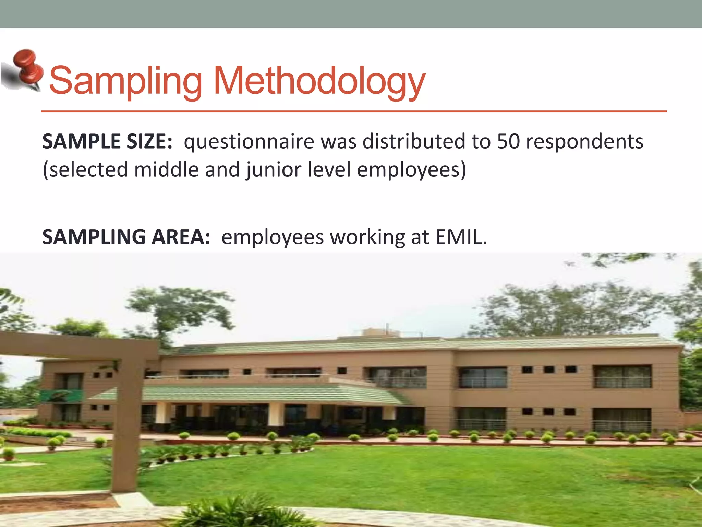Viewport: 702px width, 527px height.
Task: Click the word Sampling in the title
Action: [x=125, y=81]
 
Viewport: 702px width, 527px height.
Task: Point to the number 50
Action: [x=508, y=141]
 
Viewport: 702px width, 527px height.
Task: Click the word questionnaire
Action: [x=249, y=142]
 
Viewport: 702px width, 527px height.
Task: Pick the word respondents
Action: [x=584, y=142]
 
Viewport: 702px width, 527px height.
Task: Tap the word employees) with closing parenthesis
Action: [x=411, y=170]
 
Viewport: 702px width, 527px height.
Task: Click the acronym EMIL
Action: [x=461, y=237]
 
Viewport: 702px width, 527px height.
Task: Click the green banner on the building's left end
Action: [x=62, y=396]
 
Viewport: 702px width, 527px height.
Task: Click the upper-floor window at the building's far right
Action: [x=622, y=376]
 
